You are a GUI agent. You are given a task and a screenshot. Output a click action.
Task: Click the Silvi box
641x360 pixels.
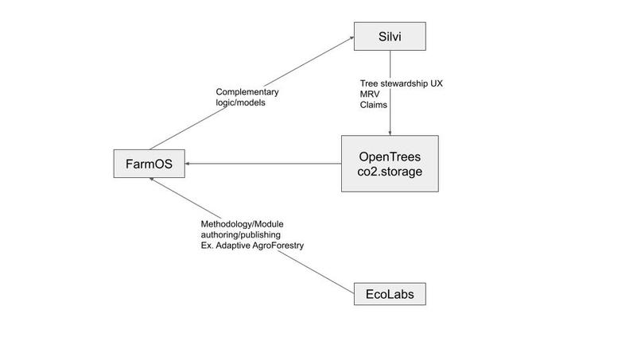click(x=390, y=37)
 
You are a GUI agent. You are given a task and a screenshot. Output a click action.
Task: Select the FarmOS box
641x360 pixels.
click(x=150, y=164)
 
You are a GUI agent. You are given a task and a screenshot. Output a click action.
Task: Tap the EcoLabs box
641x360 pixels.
click(x=390, y=294)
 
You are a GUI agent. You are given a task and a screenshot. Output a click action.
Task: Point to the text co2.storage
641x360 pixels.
click(x=390, y=172)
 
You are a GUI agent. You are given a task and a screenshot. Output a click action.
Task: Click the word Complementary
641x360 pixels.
click(x=247, y=92)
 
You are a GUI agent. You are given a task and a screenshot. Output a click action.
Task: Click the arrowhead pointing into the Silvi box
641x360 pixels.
click(x=351, y=38)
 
